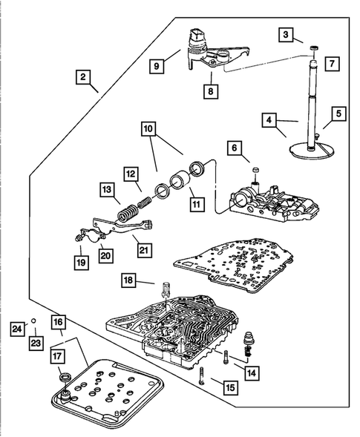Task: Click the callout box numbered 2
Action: pyautogui.click(x=83, y=76)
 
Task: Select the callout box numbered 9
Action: pyautogui.click(x=157, y=66)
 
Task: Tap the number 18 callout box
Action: pyautogui.click(x=128, y=280)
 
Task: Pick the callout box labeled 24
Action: pyautogui.click(x=17, y=329)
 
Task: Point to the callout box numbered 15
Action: pyautogui.click(x=230, y=387)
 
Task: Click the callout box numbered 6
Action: pyautogui.click(x=235, y=148)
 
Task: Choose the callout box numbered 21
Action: pyautogui.click(x=143, y=250)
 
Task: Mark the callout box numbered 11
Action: pyautogui.click(x=197, y=204)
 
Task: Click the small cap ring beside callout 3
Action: pyautogui.click(x=314, y=48)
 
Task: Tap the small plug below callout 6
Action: pyautogui.click(x=255, y=170)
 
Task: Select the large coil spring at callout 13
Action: pyautogui.click(x=127, y=213)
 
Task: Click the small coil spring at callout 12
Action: pyautogui.click(x=145, y=202)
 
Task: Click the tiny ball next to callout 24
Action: pyautogui.click(x=33, y=321)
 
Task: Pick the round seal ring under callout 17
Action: pyautogui.click(x=65, y=377)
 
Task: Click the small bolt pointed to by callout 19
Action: pyautogui.click(x=78, y=237)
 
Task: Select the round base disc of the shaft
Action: pyautogui.click(x=312, y=150)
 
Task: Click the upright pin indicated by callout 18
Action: pyautogui.click(x=165, y=290)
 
